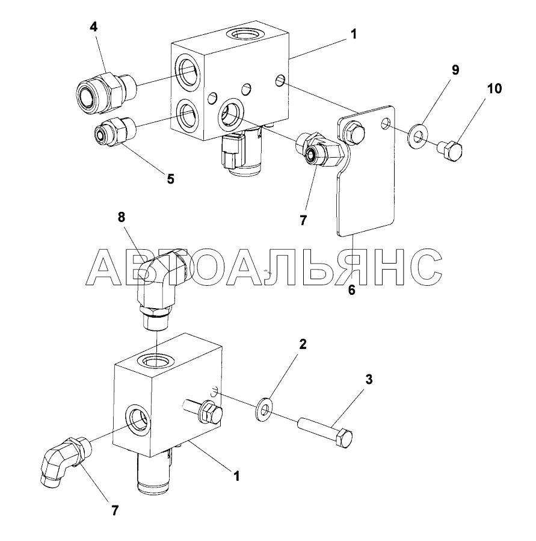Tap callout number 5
170,179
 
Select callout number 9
455,70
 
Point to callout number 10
494,88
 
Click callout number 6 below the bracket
352,290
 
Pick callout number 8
122,218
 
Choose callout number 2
303,344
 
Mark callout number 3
369,380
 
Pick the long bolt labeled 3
325,434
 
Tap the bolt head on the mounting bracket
351,132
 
